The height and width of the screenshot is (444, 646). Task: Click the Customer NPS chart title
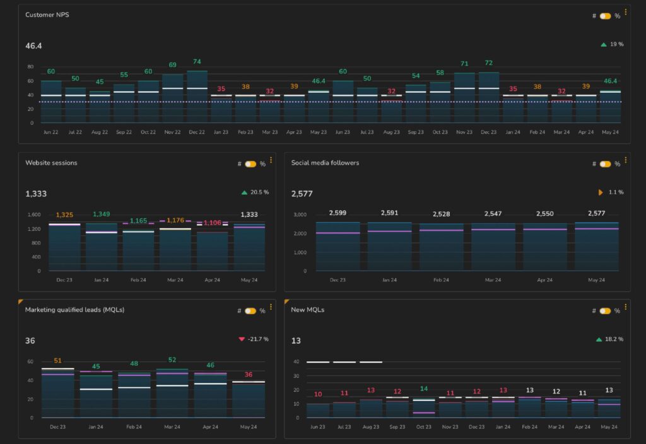47,15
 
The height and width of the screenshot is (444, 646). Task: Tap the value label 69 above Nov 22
172,65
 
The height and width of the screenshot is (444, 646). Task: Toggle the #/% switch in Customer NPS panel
605,16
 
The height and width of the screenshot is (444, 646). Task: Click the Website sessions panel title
51,163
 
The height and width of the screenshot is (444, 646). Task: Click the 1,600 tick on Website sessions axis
33,214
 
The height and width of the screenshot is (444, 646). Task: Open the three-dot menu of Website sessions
271,160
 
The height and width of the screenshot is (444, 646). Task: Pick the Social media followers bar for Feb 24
441,247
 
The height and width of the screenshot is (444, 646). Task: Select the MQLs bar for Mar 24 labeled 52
172,393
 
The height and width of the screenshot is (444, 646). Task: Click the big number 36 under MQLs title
30,341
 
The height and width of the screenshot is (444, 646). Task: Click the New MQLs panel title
307,310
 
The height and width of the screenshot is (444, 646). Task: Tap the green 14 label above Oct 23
423,389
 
